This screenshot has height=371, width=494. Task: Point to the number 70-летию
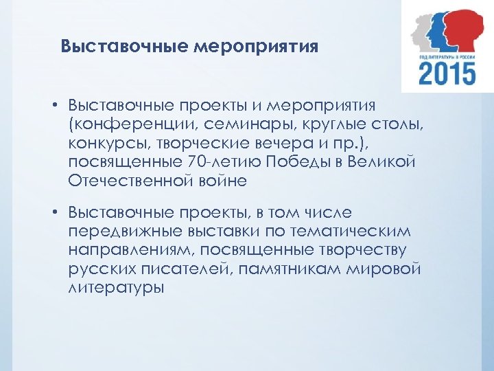217,161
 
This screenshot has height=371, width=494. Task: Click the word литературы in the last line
117,288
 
